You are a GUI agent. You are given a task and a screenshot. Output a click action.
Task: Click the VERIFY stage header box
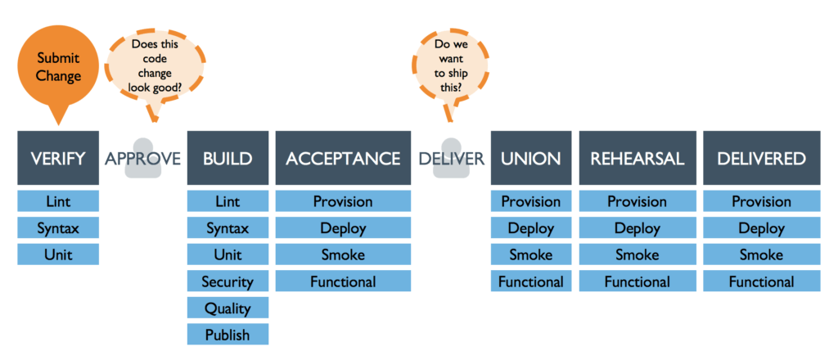click(58, 158)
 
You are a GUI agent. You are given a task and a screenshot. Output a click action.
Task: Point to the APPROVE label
click(142, 158)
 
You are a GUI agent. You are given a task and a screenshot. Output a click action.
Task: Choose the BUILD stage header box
click(228, 158)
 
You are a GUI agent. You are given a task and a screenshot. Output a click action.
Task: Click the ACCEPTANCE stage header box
click(343, 158)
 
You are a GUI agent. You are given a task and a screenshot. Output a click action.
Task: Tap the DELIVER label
click(451, 158)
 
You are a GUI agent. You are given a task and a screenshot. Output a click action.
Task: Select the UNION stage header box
click(530, 158)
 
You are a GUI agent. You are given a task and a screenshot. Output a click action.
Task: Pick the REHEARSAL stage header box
click(638, 158)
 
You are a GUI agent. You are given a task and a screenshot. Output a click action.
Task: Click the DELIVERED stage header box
click(761, 158)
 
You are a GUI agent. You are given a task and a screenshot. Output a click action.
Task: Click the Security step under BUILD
click(228, 281)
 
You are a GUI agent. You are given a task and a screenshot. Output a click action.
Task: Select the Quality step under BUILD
click(228, 308)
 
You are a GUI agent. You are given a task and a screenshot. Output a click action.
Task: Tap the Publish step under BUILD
click(228, 335)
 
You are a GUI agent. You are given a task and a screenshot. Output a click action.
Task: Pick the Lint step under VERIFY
click(58, 201)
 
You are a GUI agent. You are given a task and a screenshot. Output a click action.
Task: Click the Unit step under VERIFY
click(58, 254)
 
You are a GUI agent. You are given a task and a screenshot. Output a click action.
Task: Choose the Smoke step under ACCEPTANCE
click(343, 254)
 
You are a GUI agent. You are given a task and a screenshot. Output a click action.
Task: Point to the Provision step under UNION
click(530, 201)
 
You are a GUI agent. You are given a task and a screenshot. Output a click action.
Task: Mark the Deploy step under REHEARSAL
click(638, 228)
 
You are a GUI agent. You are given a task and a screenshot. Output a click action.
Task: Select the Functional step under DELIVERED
click(761, 281)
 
